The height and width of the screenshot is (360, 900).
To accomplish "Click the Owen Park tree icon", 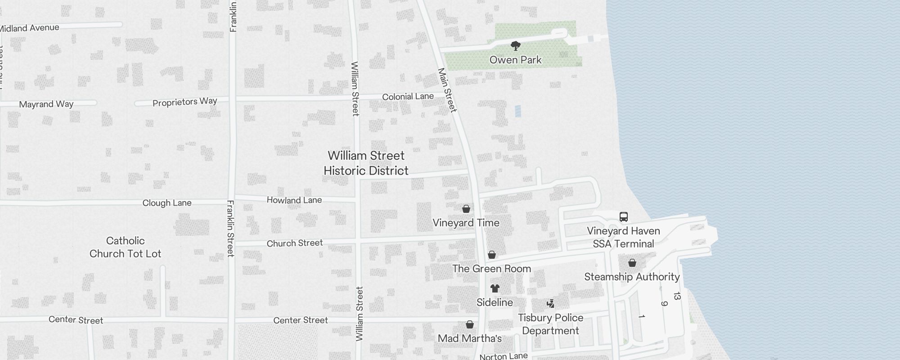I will coord(516,45).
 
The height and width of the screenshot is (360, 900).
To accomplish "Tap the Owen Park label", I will coord(516,60).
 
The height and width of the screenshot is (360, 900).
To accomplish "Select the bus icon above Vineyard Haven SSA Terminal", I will coord(623,217).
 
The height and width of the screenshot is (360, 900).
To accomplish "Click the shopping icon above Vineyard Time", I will coord(466,209).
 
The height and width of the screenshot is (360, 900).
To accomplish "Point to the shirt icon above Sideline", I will coord(495,288).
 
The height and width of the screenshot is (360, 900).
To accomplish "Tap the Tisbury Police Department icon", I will coord(550,304).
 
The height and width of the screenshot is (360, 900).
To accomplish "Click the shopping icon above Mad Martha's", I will coord(470,324).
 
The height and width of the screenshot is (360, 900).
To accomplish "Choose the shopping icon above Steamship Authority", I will coord(632,263).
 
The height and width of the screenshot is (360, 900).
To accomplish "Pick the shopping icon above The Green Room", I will coord(492,255).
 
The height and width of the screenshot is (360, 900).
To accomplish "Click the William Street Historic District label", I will coord(366,163).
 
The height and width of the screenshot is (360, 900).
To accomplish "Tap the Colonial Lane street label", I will coord(408,97).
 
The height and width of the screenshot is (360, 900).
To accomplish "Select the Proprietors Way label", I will coord(185,102).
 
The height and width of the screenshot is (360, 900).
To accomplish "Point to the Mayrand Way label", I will coord(46,104).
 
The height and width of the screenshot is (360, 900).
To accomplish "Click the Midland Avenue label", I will coord(30,28).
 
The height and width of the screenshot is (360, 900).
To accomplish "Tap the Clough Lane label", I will coord(167,203).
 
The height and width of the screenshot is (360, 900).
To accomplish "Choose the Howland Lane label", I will coord(294,200).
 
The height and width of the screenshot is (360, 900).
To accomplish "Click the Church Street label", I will coord(295,243).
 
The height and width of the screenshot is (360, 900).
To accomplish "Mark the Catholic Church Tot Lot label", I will coord(125,247).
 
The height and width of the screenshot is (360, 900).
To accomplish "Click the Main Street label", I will coord(447,90).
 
